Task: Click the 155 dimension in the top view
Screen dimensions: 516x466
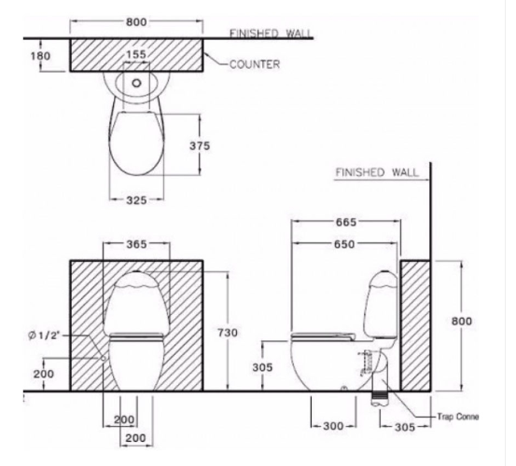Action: tap(136, 54)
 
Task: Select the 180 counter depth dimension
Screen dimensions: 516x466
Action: tap(41, 56)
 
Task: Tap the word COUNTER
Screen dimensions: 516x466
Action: tap(255, 64)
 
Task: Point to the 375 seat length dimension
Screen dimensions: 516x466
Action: tap(200, 145)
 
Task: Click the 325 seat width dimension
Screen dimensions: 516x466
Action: tap(136, 199)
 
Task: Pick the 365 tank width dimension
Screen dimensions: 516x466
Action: tap(136, 244)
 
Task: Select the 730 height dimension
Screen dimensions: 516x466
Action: tap(228, 333)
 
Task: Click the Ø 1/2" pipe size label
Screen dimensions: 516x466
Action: tap(44, 336)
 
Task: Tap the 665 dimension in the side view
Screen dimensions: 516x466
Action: tap(346, 222)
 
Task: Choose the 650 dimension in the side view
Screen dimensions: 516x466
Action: tap(344, 244)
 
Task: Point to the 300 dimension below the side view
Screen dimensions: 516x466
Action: tap(333, 426)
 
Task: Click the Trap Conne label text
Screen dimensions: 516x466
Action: tap(458, 417)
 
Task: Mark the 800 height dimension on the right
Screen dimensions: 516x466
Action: tap(462, 321)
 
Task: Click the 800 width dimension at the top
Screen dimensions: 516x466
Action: tap(136, 22)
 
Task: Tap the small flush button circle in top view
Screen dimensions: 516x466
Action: tap(136, 83)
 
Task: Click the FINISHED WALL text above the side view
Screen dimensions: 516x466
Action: tap(377, 172)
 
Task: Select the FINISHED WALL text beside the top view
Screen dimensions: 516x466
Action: tap(271, 34)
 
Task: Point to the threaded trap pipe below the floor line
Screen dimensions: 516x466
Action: tap(381, 399)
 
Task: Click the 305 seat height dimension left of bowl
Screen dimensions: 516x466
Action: tap(262, 367)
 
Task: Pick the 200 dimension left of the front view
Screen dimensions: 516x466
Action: tap(44, 374)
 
